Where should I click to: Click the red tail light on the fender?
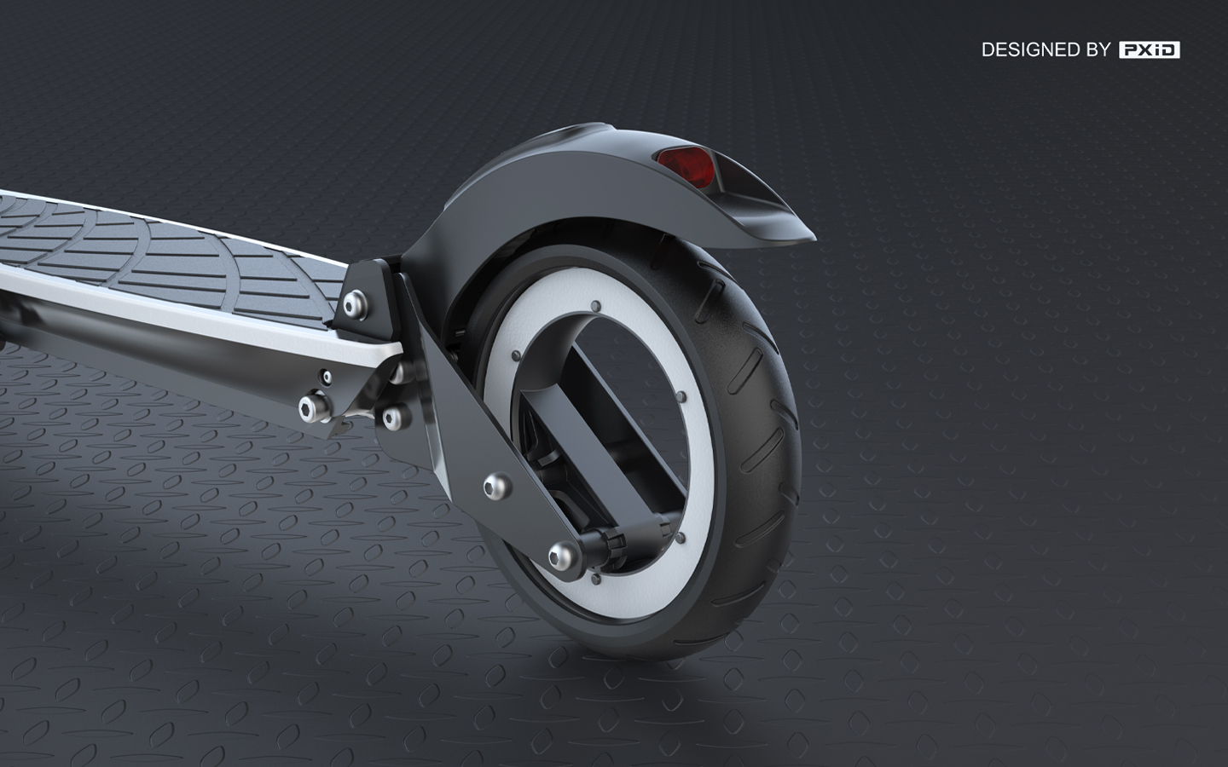coord(685,164)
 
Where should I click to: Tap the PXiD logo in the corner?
coord(1149,50)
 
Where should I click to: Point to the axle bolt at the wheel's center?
coord(561,555)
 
